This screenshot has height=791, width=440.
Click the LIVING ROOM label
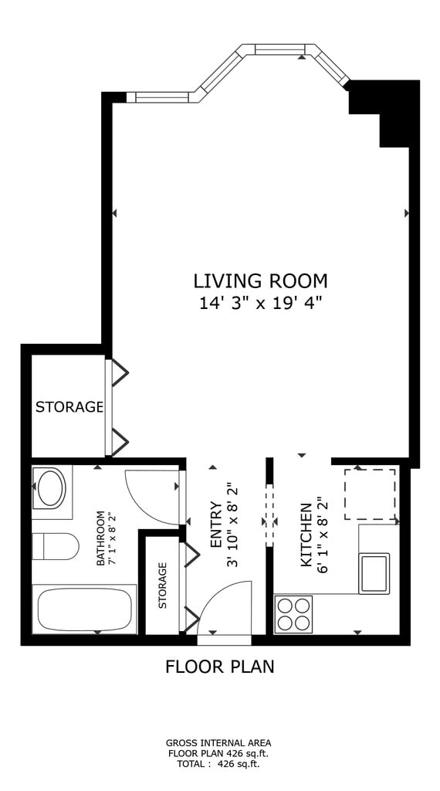point(261,280)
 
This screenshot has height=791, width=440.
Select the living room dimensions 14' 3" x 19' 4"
point(261,304)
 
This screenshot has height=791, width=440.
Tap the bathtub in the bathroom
point(85,609)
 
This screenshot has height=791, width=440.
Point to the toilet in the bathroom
point(56,546)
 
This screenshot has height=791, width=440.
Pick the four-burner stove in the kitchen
point(293,614)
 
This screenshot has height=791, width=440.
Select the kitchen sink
point(374,573)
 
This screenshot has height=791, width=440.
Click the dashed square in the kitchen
point(370,494)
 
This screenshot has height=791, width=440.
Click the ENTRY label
point(215,525)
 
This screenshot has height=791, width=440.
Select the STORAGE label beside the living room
point(69,406)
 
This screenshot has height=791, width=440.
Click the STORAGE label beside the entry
point(162,586)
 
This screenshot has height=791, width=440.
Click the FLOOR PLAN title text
point(220,667)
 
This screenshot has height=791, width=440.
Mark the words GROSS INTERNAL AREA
point(218,742)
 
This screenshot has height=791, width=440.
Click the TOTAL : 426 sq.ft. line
point(218,764)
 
